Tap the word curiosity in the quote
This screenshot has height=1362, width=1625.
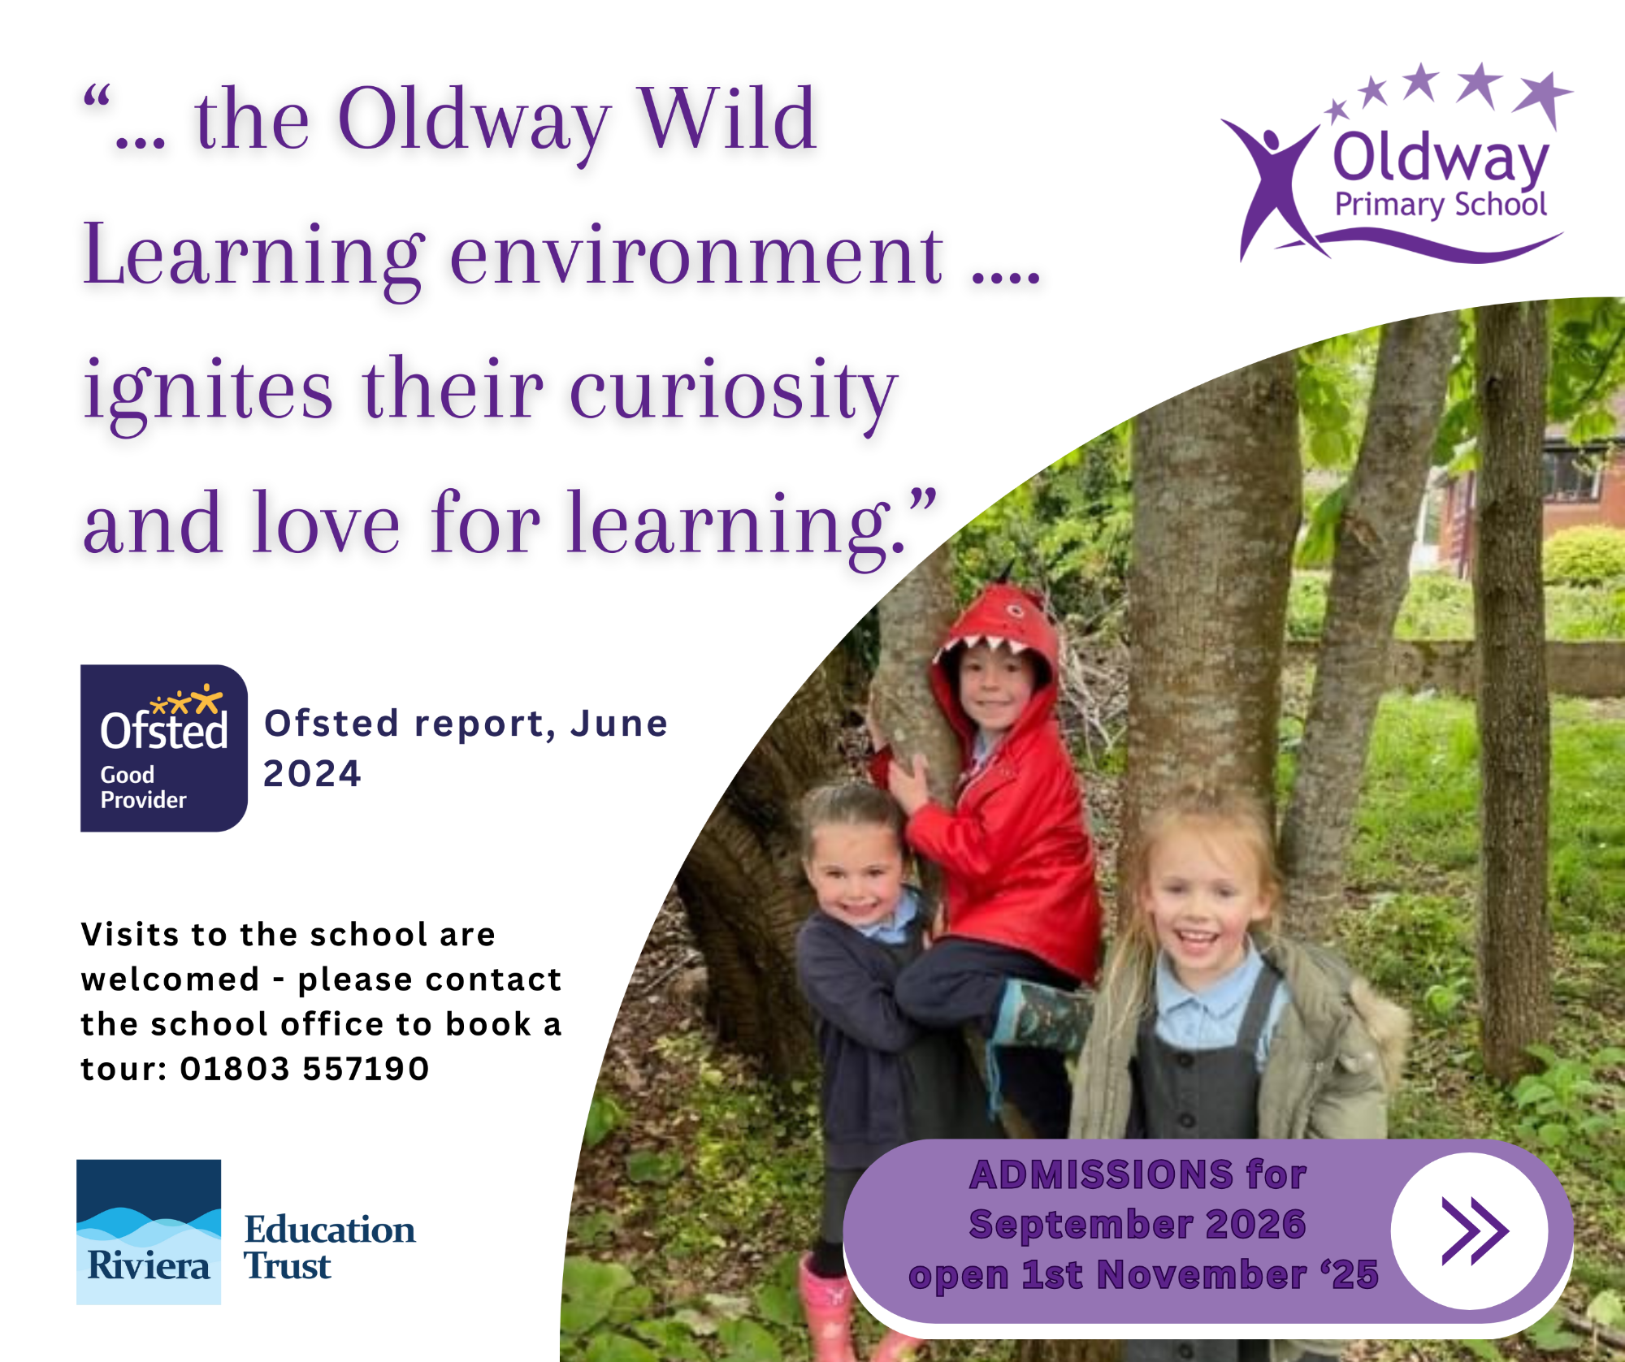[x=734, y=393]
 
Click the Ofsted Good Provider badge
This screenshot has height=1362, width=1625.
[x=163, y=748]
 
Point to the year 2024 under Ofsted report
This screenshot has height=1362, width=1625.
[x=312, y=773]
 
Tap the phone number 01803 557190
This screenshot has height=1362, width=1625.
[x=305, y=1069]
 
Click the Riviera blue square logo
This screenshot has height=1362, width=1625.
[x=149, y=1232]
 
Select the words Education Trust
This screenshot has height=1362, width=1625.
[x=330, y=1247]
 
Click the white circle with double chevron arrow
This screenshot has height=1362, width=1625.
[x=1469, y=1231]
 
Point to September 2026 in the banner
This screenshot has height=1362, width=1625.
[x=1137, y=1224]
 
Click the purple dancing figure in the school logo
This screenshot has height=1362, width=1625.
[x=1272, y=187]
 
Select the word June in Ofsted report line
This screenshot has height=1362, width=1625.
[x=619, y=724]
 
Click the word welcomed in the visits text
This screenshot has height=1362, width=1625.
[x=171, y=979]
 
